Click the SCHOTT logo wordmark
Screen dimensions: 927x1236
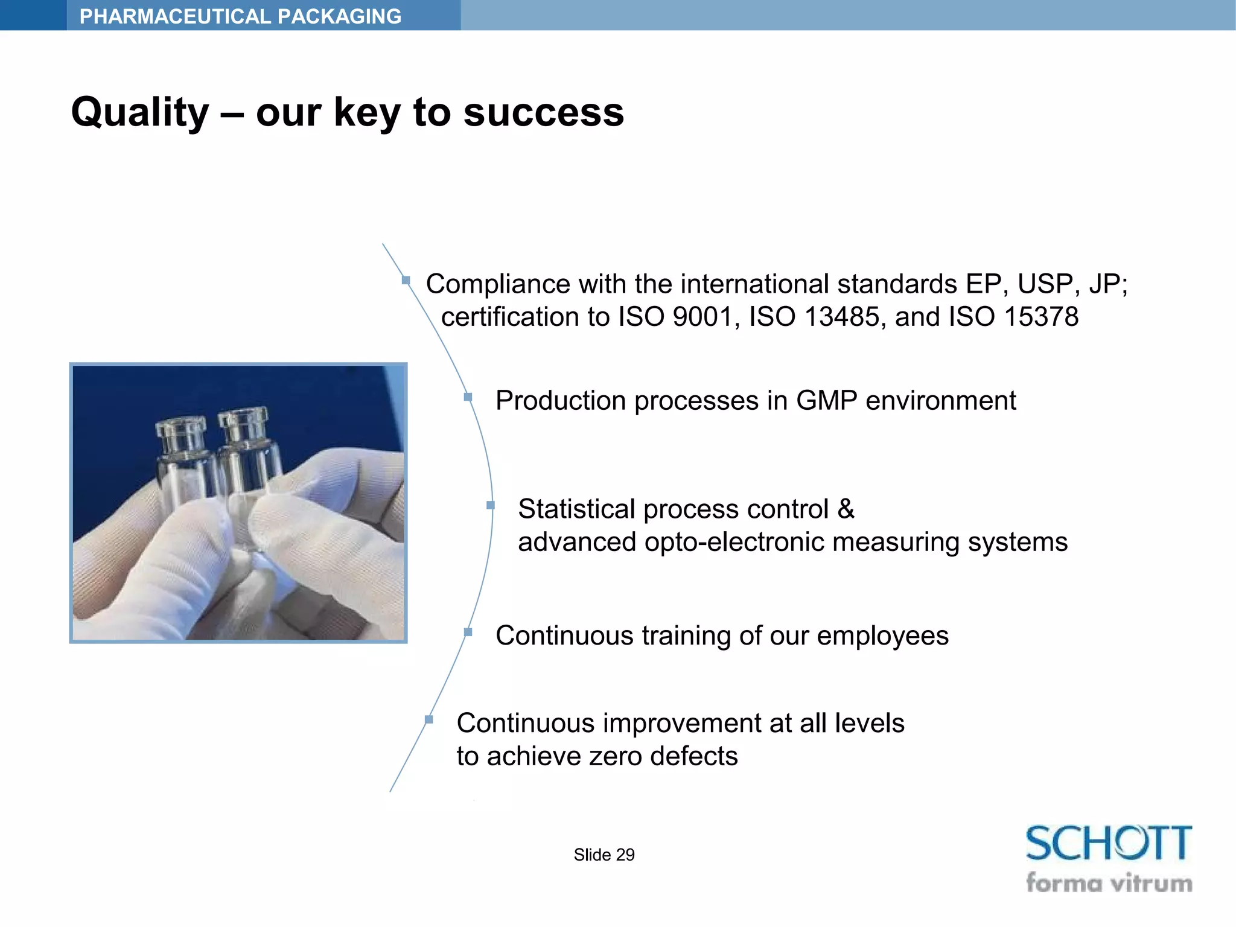1108,843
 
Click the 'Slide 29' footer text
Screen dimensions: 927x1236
604,855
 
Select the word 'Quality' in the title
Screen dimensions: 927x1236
140,113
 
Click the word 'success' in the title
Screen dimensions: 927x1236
543,113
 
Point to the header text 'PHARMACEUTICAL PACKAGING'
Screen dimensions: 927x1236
240,16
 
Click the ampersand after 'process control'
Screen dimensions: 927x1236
846,509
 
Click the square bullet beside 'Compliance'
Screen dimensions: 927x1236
406,280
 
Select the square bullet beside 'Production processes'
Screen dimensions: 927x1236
468,397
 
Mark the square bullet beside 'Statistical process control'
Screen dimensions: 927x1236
490,505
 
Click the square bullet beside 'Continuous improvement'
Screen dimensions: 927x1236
428,719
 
